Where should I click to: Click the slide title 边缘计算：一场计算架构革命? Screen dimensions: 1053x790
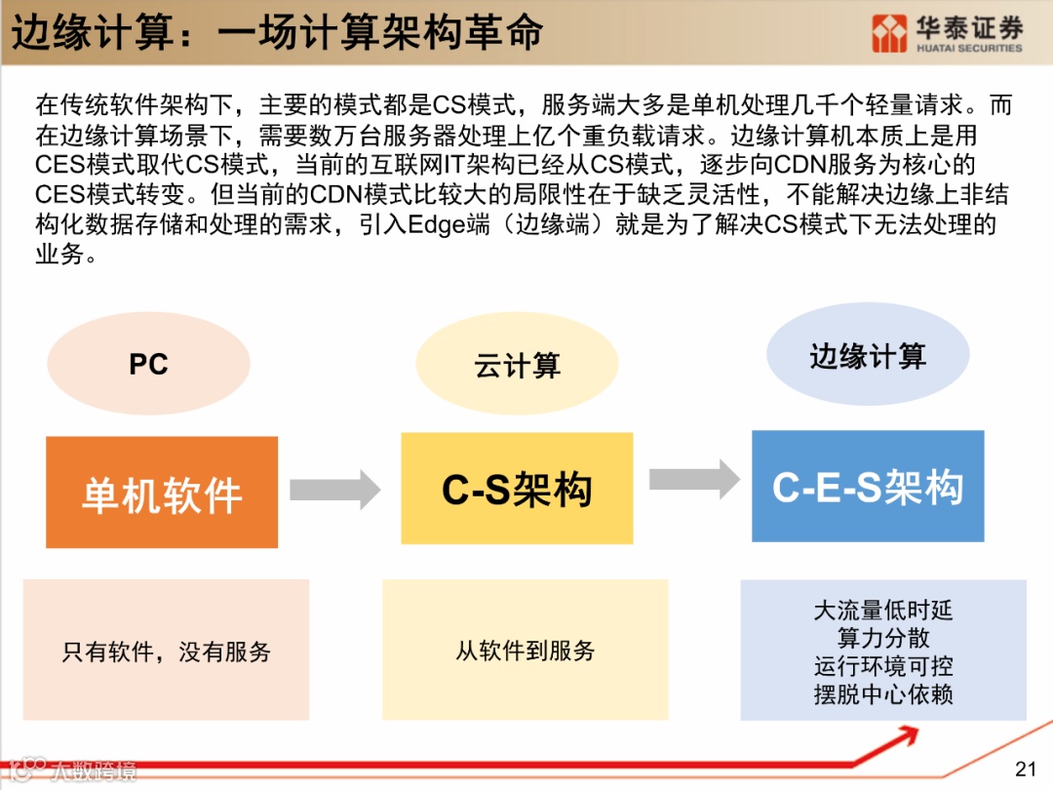tap(277, 32)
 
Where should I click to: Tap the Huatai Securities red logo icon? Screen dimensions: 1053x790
tap(889, 33)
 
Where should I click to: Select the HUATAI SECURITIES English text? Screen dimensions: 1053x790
tap(969, 48)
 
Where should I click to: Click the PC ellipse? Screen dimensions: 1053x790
tap(148, 364)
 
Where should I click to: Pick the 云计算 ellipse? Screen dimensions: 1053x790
tap(517, 366)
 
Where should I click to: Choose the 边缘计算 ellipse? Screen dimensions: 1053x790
tap(867, 355)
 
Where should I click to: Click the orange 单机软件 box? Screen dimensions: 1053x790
tap(162, 493)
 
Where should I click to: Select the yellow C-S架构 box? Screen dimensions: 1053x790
tap(517, 488)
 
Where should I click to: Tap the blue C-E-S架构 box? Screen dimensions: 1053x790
tap(867, 486)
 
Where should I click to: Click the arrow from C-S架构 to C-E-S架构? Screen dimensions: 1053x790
tap(694, 479)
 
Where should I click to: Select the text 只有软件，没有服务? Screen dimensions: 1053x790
tap(166, 652)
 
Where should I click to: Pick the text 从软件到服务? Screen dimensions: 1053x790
tap(525, 651)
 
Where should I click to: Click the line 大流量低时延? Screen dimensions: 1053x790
tap(882, 611)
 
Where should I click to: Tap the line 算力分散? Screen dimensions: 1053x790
tap(882, 639)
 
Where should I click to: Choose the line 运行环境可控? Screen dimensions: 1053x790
tap(882, 667)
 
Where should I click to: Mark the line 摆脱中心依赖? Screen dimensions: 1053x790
tap(882, 695)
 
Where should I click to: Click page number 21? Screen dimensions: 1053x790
tap(1025, 769)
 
